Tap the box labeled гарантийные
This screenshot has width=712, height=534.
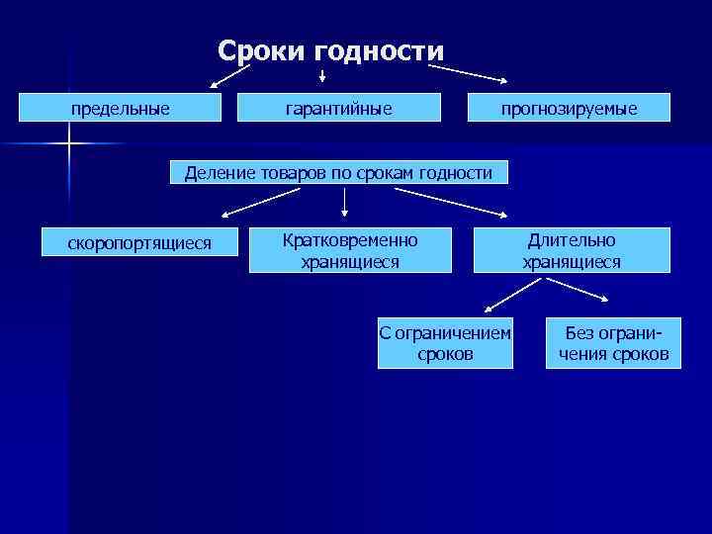point(338,108)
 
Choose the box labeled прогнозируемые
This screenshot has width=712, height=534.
point(569,108)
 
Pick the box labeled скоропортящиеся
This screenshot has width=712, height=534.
point(139,242)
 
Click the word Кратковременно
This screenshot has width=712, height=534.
point(350,240)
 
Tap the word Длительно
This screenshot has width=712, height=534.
point(572,240)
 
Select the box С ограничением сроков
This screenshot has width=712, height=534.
point(445,343)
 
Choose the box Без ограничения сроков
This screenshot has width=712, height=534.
point(613,343)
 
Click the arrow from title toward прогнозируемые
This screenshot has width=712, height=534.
point(469,74)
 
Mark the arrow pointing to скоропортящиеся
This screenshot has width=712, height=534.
point(254,203)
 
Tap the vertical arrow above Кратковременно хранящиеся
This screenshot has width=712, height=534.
point(345,201)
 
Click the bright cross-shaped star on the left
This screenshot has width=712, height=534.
point(70,145)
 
